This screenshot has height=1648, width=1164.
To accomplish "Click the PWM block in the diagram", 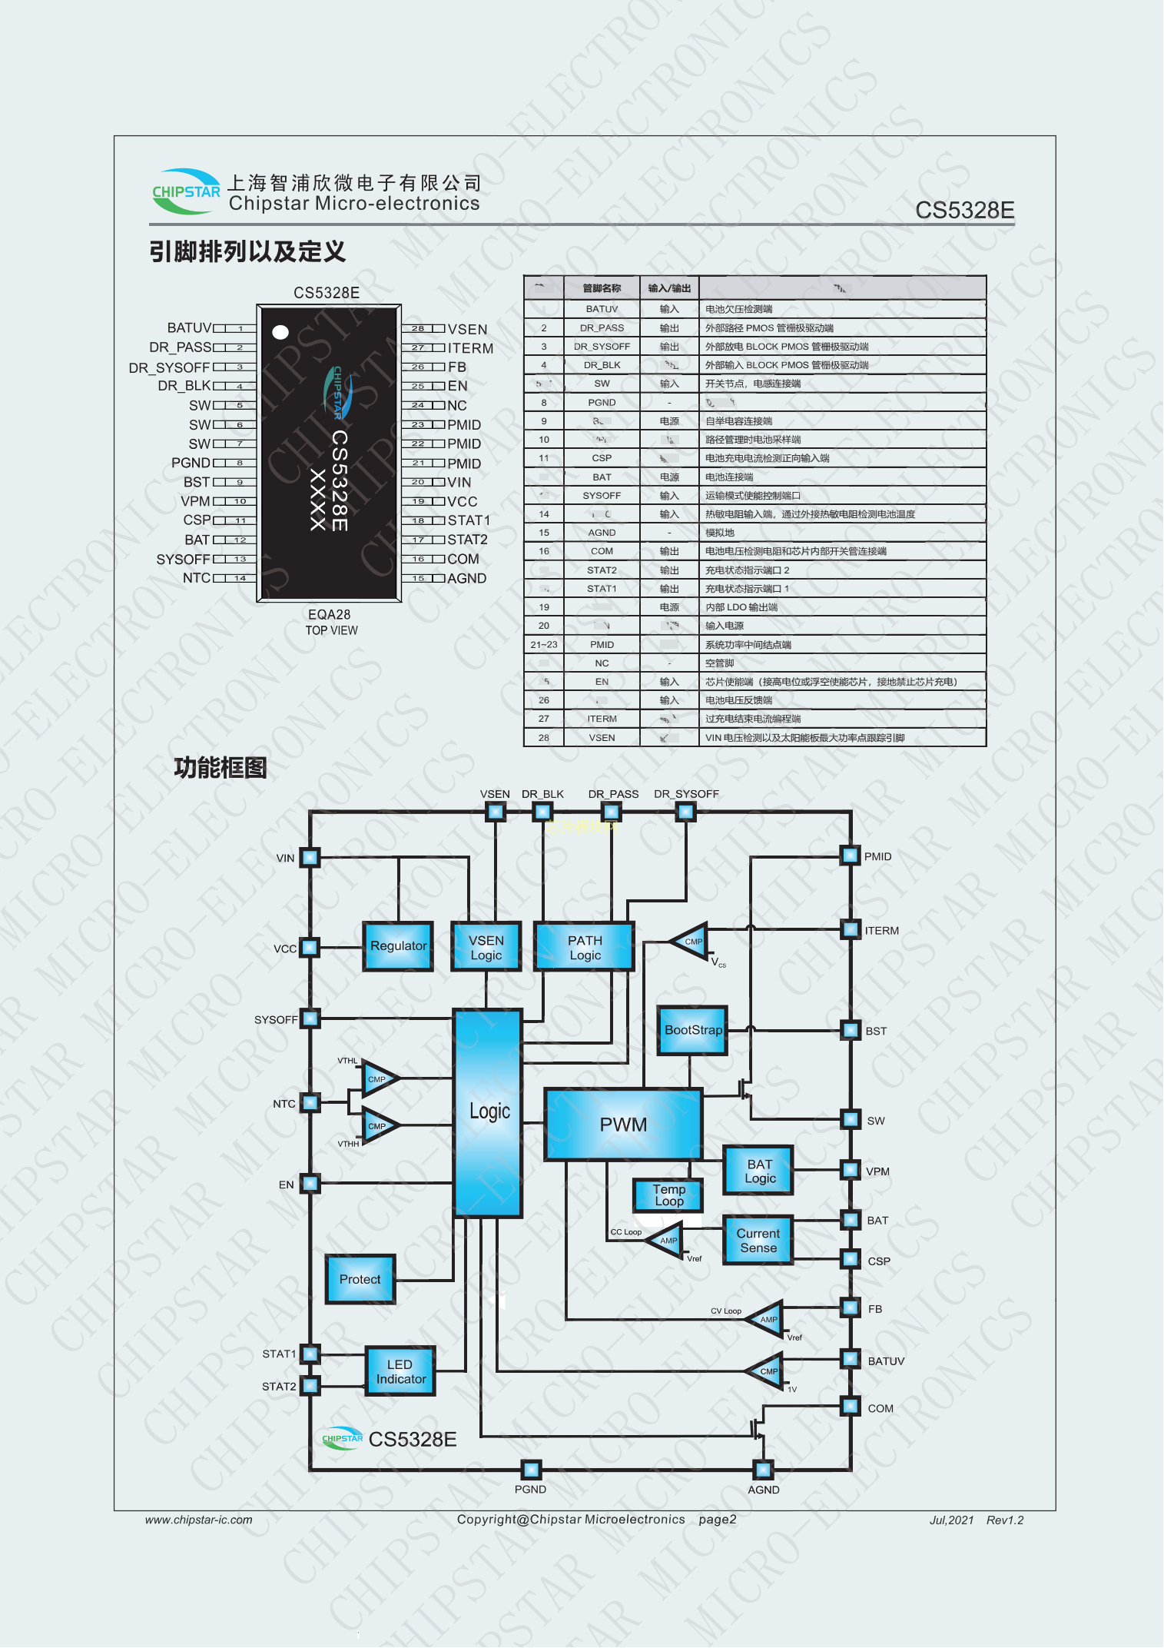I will (623, 1124).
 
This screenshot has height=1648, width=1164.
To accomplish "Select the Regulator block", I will (398, 946).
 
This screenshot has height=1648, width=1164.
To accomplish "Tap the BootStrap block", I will (693, 1030).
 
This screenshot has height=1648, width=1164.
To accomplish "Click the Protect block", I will (360, 1279).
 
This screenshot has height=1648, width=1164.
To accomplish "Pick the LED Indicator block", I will (400, 1371).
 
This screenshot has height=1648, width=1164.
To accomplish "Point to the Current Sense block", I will (758, 1240).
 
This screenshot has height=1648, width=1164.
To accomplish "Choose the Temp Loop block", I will (668, 1195).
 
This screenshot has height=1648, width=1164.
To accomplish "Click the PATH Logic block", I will (585, 947).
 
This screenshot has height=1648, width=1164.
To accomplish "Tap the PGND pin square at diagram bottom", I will (531, 1470).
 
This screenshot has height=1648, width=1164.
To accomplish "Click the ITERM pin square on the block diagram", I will (851, 929).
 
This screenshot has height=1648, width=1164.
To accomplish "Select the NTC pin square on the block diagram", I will (310, 1103).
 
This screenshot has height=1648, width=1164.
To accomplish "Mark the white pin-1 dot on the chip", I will (280, 332).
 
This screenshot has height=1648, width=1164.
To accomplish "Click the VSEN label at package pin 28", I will (467, 329).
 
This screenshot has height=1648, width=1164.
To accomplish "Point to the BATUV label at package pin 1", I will (189, 328).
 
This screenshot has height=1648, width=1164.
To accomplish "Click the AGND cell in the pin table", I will (602, 533).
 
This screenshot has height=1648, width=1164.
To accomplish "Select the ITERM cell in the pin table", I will (602, 719).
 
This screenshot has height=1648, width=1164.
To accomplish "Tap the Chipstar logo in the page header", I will (186, 191).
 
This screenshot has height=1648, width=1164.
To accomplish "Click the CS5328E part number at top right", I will (964, 210).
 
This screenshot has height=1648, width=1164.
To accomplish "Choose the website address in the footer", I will (198, 1520).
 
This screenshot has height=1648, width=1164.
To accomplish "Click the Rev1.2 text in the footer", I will (1004, 1520).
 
